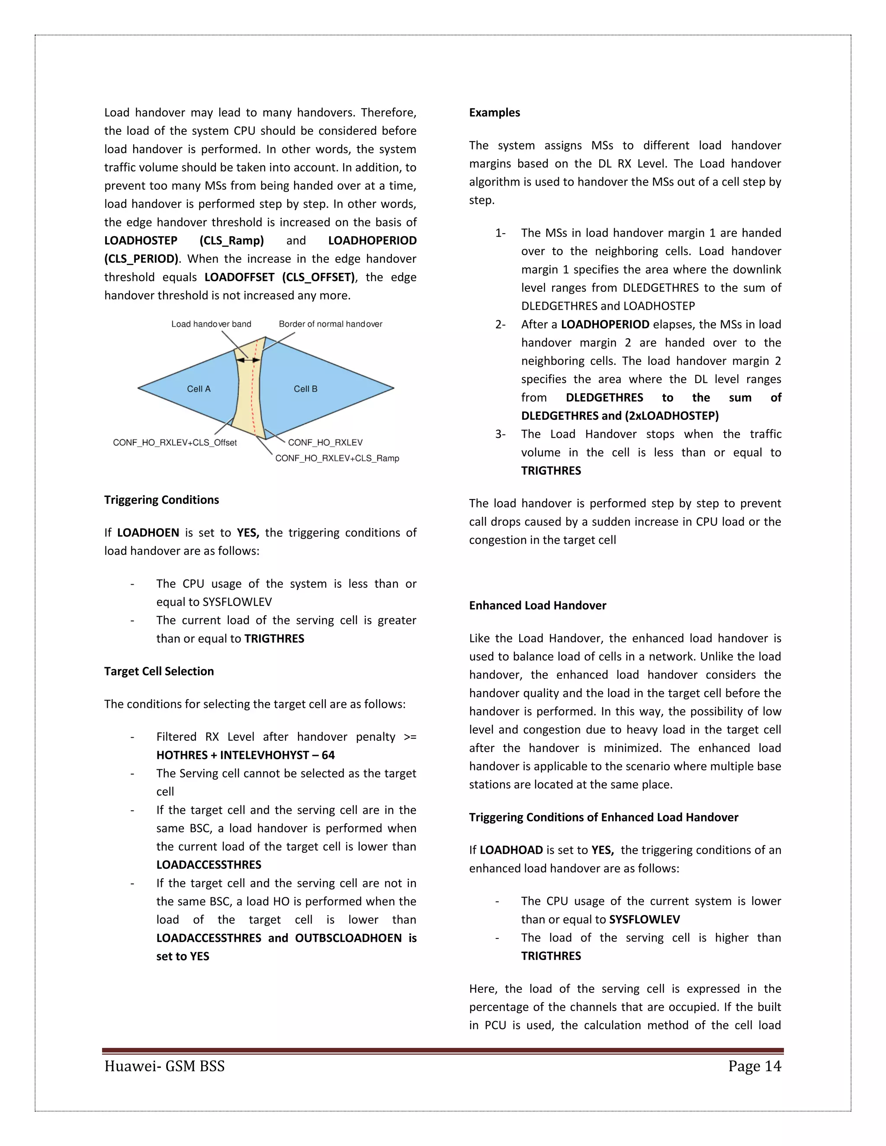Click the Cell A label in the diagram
click(199, 389)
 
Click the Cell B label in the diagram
click(305, 389)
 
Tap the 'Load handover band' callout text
click(211, 324)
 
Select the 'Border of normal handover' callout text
click(330, 324)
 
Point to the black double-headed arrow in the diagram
click(248, 360)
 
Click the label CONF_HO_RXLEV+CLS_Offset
click(175, 442)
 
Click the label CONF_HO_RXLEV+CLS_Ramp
click(337, 458)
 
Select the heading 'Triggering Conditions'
click(161, 499)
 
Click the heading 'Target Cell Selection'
click(158, 671)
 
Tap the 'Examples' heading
click(494, 112)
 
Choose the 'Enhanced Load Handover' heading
click(537, 605)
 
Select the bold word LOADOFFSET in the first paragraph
click(239, 277)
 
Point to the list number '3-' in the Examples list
click(500, 434)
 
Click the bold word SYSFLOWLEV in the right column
click(644, 919)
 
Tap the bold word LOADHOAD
click(511, 850)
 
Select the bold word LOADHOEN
click(148, 533)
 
